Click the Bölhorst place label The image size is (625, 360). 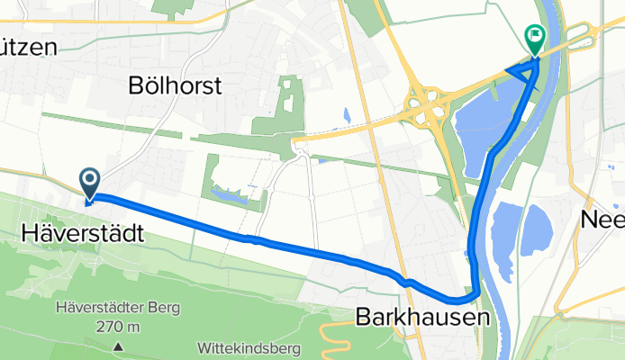coord(176,86)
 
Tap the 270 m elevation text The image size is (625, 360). coord(118,326)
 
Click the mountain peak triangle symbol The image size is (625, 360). coord(118,346)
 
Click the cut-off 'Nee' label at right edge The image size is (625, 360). coord(602,220)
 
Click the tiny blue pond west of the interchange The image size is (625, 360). coord(347,115)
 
